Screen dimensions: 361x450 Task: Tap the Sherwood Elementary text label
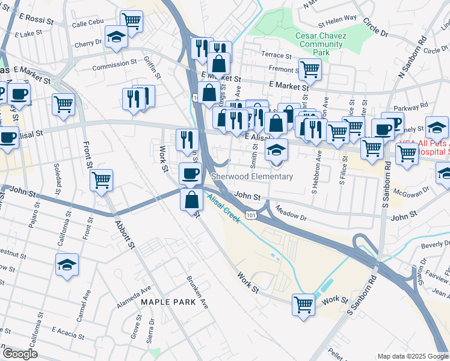click(252, 176)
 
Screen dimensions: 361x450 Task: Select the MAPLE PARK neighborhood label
click(168, 301)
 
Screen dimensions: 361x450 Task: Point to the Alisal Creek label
click(224, 208)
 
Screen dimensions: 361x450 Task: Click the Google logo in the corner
click(19, 354)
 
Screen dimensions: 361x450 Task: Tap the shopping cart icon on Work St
click(303, 304)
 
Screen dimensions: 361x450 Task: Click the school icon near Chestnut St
click(67, 264)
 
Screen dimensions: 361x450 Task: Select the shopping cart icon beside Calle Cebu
click(131, 21)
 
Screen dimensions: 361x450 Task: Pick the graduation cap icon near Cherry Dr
click(116, 37)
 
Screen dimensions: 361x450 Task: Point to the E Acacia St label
click(71, 330)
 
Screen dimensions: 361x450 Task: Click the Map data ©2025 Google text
click(412, 356)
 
